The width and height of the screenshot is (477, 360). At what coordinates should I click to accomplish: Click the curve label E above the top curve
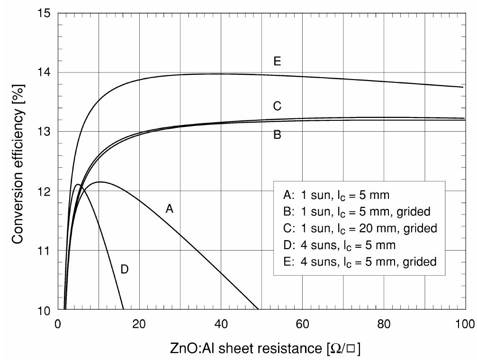tap(277, 61)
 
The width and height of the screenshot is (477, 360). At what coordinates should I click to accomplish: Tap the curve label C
tap(277, 106)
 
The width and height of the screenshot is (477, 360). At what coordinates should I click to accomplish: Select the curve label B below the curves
tap(277, 135)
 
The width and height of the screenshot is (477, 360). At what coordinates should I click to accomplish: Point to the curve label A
tap(169, 209)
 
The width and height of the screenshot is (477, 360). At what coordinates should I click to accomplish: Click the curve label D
tap(125, 270)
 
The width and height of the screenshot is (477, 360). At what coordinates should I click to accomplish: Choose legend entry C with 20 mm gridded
tap(360, 228)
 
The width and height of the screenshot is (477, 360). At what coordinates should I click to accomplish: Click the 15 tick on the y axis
tap(46, 13)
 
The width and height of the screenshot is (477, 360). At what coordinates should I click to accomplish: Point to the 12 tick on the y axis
tap(46, 191)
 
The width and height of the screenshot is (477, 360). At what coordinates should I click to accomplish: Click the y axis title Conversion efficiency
tap(18, 161)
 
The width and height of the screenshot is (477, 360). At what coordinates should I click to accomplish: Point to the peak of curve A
tap(99, 182)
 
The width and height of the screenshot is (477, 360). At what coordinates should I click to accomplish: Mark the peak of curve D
tap(78, 185)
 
